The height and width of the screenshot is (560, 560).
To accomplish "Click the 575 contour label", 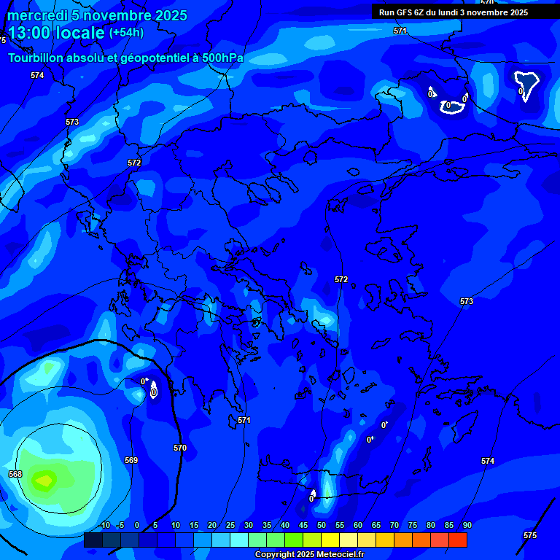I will pyautogui.click(x=530, y=535).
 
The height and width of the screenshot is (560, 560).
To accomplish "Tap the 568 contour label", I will pyautogui.click(x=15, y=474).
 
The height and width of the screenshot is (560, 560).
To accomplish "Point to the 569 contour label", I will pyautogui.click(x=131, y=460).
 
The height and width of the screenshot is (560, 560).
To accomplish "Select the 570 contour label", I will pyautogui.click(x=180, y=448).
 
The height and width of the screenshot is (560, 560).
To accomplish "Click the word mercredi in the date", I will pyautogui.click(x=37, y=15).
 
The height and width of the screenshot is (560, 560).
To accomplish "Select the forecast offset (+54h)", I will pyautogui.click(x=126, y=33).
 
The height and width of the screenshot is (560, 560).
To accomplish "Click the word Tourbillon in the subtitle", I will pyautogui.click(x=39, y=58).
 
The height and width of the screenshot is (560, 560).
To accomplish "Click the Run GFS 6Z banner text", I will pyautogui.click(x=453, y=12).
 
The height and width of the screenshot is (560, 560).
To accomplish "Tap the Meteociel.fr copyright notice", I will pyautogui.click(x=309, y=555).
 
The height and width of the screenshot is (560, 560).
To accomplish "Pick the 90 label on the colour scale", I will pyautogui.click(x=467, y=525).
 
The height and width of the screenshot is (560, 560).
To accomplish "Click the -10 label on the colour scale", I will pyautogui.click(x=104, y=525).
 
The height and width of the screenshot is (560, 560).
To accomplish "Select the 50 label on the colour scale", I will pyautogui.click(x=321, y=525).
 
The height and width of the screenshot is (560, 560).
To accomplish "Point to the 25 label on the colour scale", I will pyautogui.click(x=230, y=525).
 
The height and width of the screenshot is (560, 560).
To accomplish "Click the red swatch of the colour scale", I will pyautogui.click(x=457, y=540).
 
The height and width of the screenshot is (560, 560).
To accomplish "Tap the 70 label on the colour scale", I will pyautogui.click(x=394, y=525).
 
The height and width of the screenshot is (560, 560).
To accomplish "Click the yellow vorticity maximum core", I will pyautogui.click(x=45, y=481).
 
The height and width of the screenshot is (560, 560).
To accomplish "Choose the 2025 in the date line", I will pyautogui.click(x=171, y=15).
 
